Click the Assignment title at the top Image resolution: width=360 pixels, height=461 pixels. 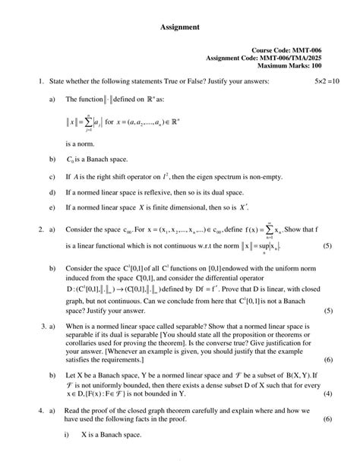pos(180,28)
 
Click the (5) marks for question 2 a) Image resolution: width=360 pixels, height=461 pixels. pos(327,247)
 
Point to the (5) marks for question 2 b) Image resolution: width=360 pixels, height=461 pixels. pos(327,311)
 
